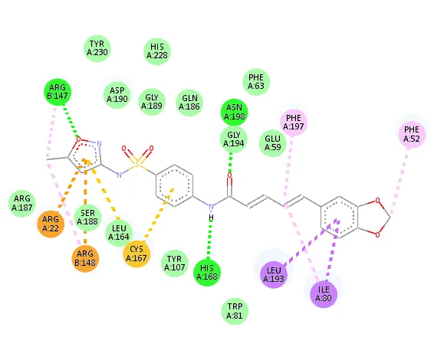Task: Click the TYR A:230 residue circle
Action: (97, 48)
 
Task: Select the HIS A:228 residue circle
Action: (157, 51)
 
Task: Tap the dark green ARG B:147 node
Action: (58, 92)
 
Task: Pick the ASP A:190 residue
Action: (117, 95)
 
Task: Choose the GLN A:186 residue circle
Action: (189, 103)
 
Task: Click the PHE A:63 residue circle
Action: (256, 82)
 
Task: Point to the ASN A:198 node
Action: (234, 112)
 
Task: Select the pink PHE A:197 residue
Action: (294, 123)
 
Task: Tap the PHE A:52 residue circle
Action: (412, 134)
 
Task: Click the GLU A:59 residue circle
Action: (273, 143)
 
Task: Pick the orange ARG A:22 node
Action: (51, 224)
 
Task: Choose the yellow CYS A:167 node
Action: (136, 254)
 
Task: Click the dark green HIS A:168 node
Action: (207, 273)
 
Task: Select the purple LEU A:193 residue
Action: (274, 274)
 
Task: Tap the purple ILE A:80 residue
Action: (324, 294)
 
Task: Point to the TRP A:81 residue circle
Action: (235, 311)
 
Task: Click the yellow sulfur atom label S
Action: (137, 165)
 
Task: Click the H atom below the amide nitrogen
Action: (211, 218)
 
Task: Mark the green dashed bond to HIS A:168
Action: (209, 240)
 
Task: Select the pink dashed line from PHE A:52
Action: (399, 180)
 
